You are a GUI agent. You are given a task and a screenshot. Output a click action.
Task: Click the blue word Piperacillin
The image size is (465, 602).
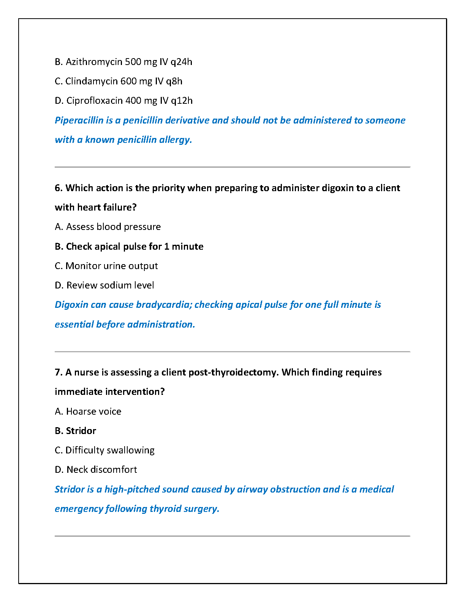pos(79,120)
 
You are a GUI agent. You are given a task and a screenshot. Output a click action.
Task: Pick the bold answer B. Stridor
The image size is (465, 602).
pos(75,431)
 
